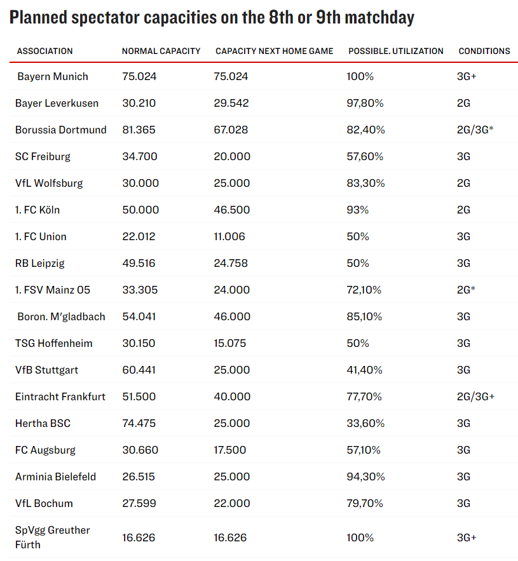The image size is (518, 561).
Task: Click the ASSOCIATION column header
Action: pyautogui.click(x=44, y=51)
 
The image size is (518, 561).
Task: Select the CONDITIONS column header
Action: pyautogui.click(x=484, y=51)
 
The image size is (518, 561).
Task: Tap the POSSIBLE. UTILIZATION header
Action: pyautogui.click(x=395, y=51)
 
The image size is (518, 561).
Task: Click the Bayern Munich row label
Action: pyautogui.click(x=53, y=76)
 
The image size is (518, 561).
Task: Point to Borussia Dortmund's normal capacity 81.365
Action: pyautogui.click(x=139, y=130)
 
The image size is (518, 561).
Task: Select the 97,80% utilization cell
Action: pyautogui.click(x=364, y=103)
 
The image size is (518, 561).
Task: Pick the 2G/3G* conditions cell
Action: pyautogui.click(x=475, y=130)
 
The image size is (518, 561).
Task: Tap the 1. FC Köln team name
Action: pyautogui.click(x=37, y=210)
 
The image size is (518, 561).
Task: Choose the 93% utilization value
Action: pyautogui.click(x=357, y=210)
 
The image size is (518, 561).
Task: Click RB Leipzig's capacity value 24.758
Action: pyautogui.click(x=232, y=263)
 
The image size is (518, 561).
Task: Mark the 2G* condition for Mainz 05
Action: pyautogui.click(x=466, y=290)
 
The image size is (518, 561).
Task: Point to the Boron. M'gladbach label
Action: pyautogui.click(x=61, y=316)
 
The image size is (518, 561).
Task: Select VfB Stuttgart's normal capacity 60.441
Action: pyautogui.click(x=139, y=370)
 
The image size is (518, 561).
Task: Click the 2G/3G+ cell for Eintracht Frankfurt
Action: pyautogui.click(x=475, y=396)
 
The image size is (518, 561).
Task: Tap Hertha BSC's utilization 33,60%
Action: pyautogui.click(x=364, y=423)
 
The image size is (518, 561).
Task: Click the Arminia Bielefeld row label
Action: pyautogui.click(x=55, y=477)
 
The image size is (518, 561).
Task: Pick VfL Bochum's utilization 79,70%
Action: pyautogui.click(x=364, y=503)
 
